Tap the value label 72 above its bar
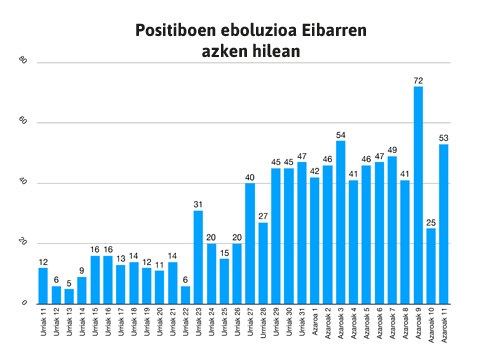418,78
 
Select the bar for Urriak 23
198,257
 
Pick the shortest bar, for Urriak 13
69,296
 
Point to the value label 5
69,281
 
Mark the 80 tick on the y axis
21,63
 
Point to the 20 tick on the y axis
21,243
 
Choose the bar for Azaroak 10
431,266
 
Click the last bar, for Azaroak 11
444,224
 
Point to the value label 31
198,203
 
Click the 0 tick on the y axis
22,303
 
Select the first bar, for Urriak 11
43,286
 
